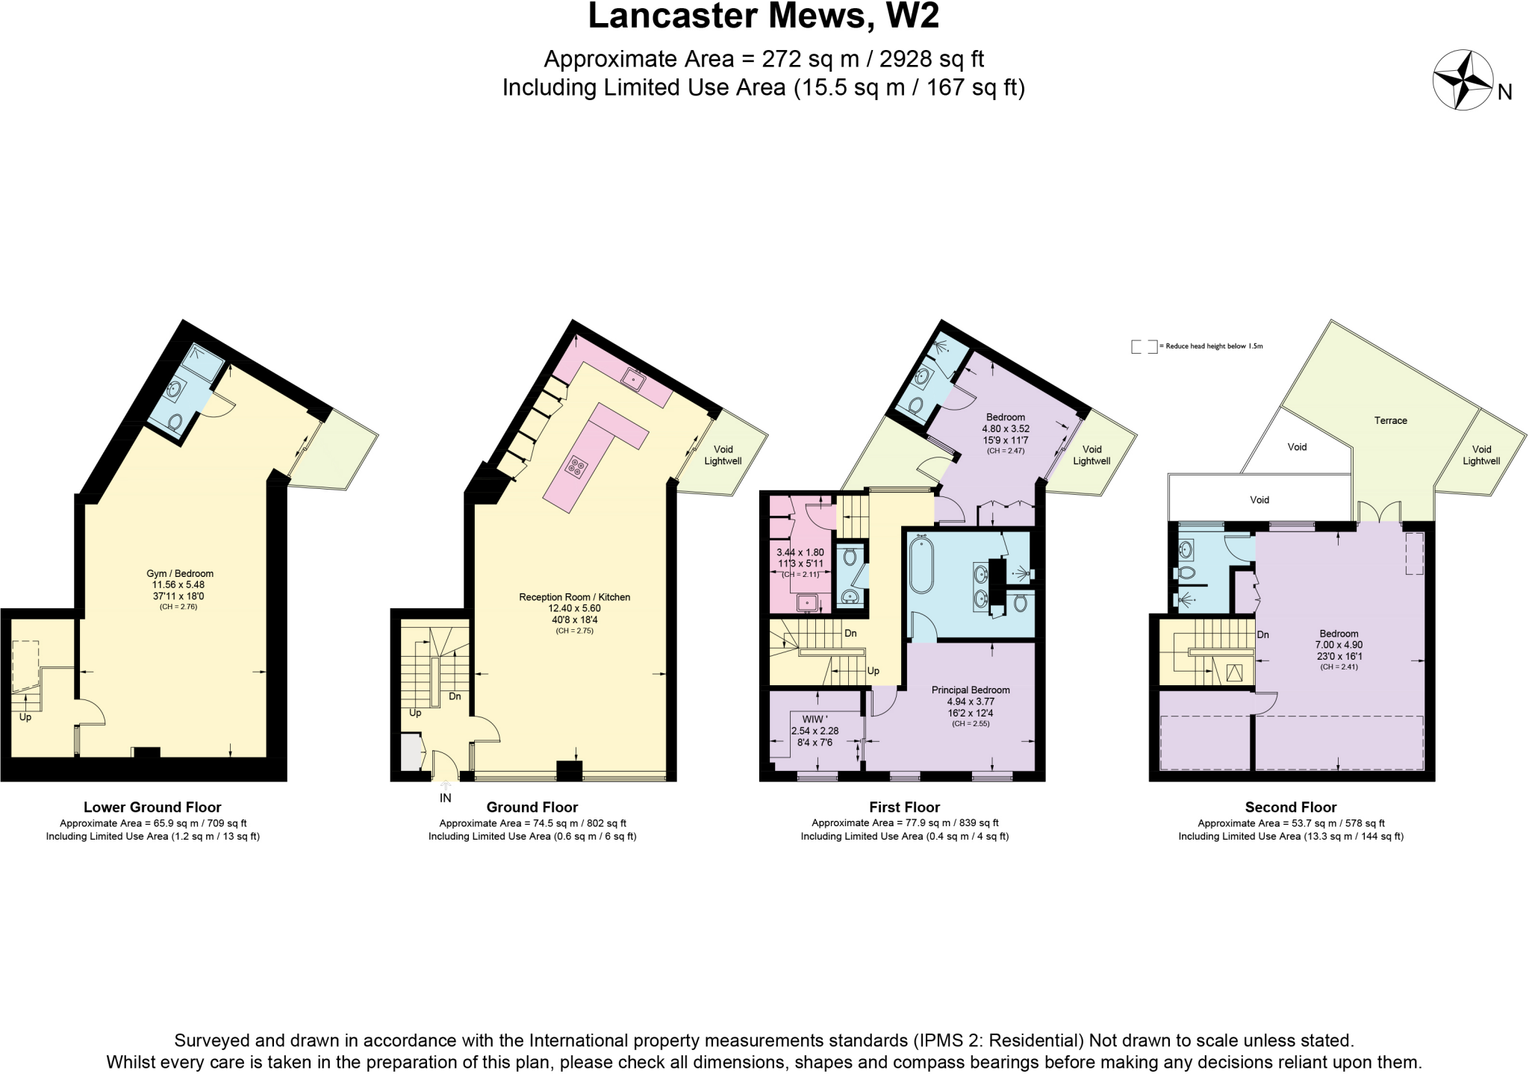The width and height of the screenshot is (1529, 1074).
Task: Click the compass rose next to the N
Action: (1462, 81)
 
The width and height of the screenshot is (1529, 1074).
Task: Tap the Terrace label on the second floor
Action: (1390, 421)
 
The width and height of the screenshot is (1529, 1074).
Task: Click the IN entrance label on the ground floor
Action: (446, 798)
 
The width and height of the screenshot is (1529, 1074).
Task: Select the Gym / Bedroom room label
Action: (180, 574)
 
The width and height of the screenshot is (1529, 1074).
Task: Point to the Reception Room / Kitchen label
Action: (574, 597)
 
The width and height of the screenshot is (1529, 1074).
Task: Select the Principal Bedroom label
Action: (970, 690)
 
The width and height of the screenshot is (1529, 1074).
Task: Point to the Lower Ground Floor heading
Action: (152, 807)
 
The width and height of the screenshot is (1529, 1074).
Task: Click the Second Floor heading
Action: (1290, 807)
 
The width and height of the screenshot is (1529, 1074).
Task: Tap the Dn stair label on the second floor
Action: (1262, 635)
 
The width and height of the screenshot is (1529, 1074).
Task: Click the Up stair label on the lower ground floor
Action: (25, 717)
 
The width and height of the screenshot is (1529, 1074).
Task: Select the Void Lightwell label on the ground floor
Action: (723, 455)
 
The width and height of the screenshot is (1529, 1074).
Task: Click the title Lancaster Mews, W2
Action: (763, 16)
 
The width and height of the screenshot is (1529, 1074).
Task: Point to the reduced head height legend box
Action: (1144, 346)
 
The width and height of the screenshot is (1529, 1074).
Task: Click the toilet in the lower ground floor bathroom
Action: (175, 422)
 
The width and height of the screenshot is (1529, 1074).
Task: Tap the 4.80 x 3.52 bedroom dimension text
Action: (1005, 429)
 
